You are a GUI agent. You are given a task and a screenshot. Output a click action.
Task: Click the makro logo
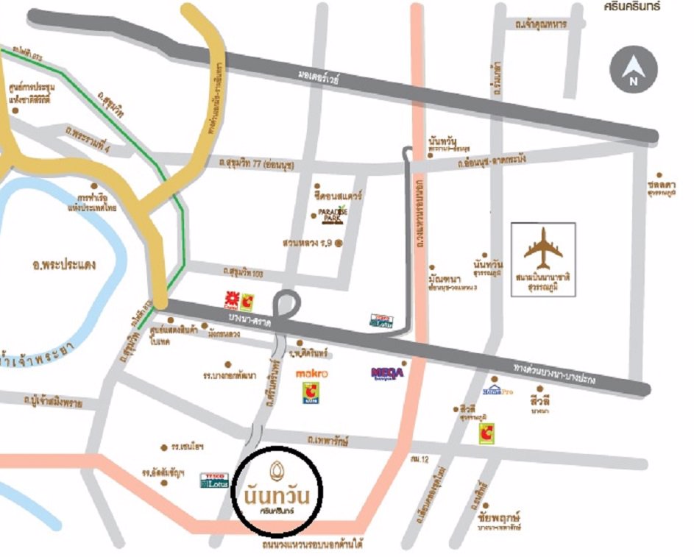[x=311, y=374]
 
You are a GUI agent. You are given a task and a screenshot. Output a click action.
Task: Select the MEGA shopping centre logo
[x=388, y=373]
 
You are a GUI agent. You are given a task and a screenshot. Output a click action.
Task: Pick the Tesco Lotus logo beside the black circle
[x=213, y=480]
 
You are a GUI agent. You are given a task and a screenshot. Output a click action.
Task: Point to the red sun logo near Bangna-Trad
[x=231, y=299]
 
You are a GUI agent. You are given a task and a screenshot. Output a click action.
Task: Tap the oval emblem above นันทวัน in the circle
[x=277, y=467]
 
